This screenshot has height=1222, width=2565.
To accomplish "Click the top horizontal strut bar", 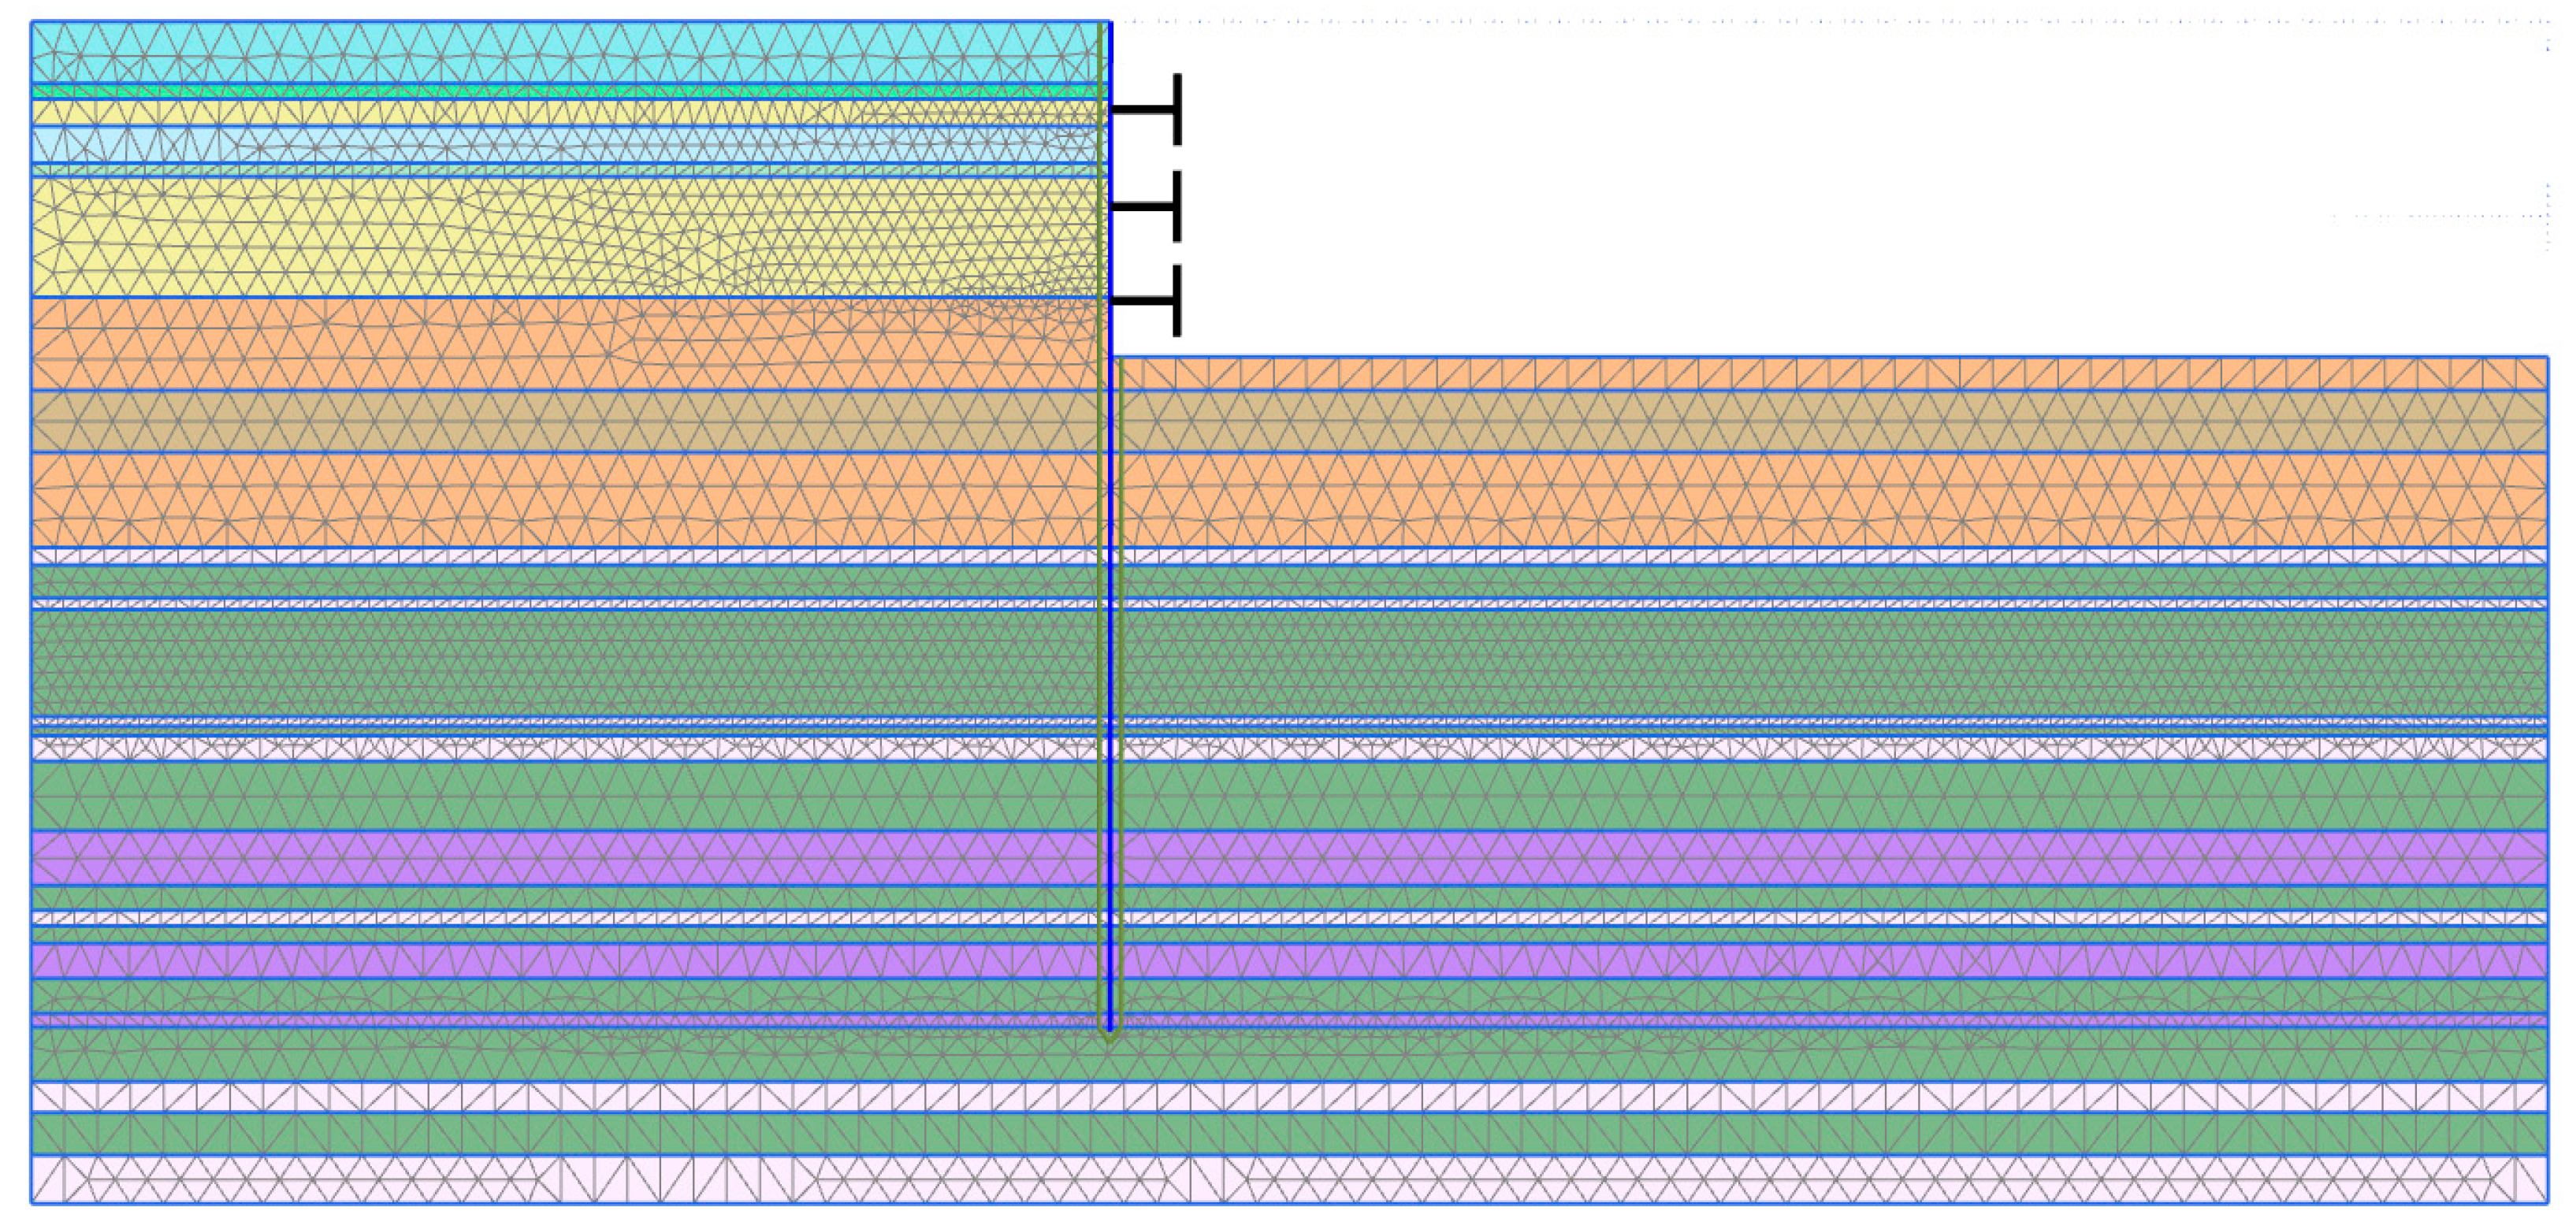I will [1143, 110].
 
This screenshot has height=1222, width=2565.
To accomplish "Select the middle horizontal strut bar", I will [1143, 206].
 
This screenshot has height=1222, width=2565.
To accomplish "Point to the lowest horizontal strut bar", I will [1143, 299].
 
